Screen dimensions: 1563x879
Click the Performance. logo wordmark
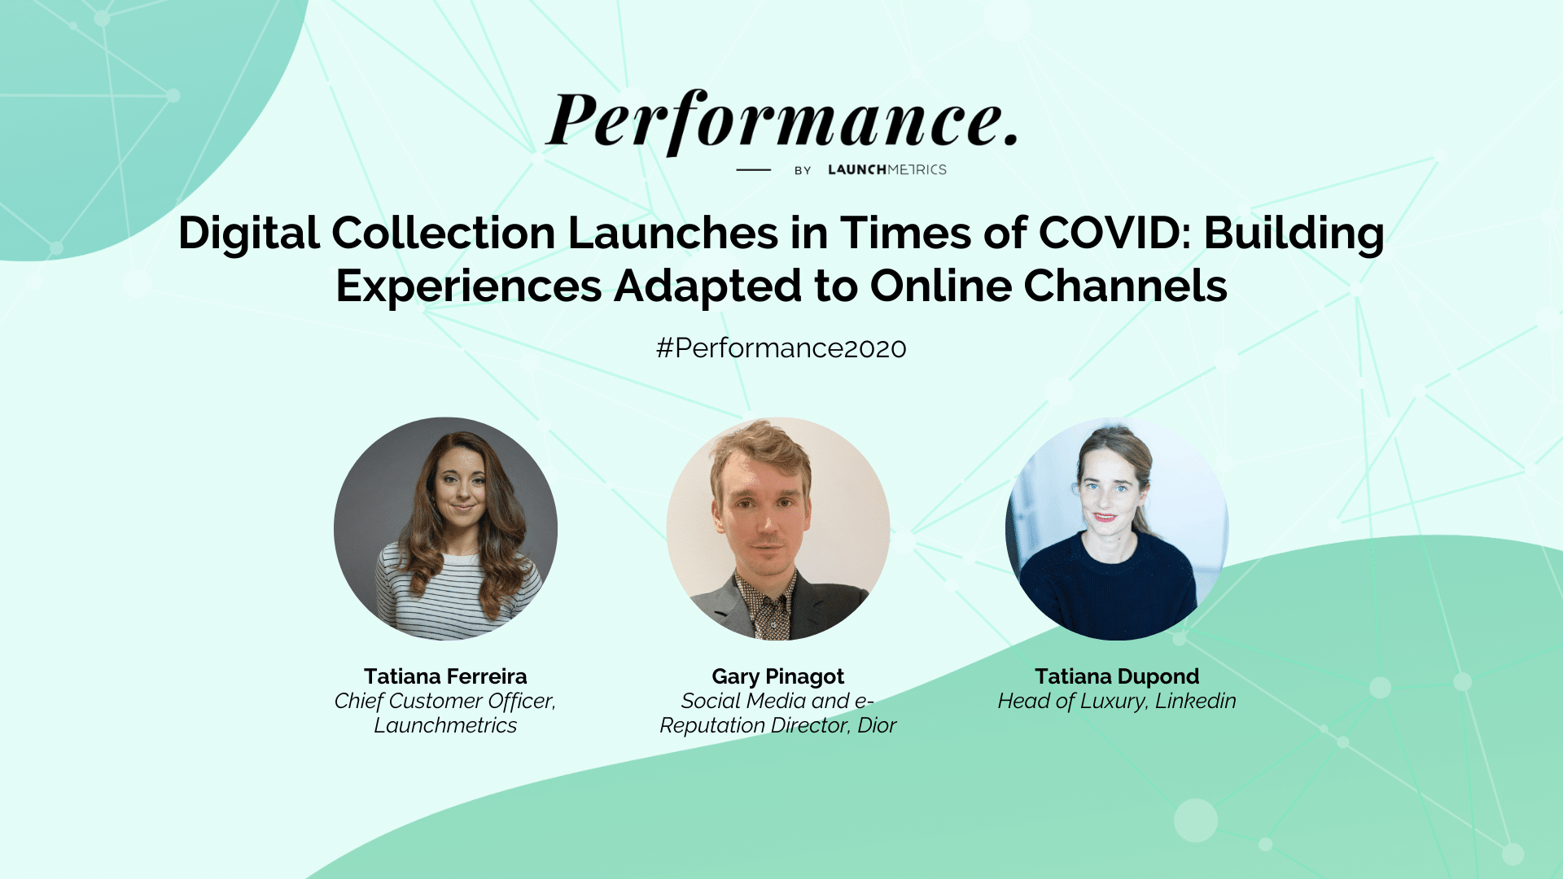point(781,121)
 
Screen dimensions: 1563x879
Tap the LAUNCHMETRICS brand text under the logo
point(887,169)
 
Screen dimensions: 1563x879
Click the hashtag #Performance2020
point(781,348)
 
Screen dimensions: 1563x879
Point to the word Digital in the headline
point(248,234)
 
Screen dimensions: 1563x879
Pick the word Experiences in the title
point(469,288)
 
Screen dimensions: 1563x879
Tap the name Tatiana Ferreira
point(445,676)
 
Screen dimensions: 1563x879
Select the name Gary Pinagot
point(778,677)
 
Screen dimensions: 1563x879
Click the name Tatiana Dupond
point(1117,677)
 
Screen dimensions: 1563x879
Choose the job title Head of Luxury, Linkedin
point(1117,702)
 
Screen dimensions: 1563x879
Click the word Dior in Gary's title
point(877,725)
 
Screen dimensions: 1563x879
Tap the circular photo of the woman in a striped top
point(445,529)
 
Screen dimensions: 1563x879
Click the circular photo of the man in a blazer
point(778,529)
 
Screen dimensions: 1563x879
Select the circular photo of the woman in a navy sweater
point(1117,529)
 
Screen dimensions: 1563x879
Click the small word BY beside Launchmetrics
point(803,170)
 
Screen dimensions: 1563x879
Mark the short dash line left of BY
point(753,169)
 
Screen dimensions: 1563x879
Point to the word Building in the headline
point(1294,234)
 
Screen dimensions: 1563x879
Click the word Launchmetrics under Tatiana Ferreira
point(445,726)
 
